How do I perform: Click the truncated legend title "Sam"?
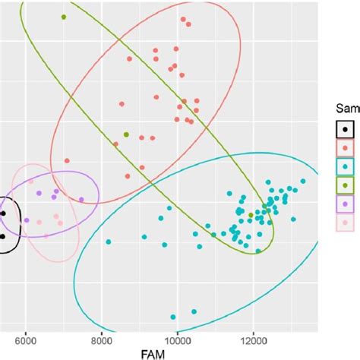[x=347, y=109]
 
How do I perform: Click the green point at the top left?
[x=64, y=17]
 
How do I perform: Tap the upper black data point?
[x=3, y=213]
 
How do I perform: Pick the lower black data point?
[x=3, y=236]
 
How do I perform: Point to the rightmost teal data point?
[x=303, y=181]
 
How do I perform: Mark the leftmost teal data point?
[x=109, y=242]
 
